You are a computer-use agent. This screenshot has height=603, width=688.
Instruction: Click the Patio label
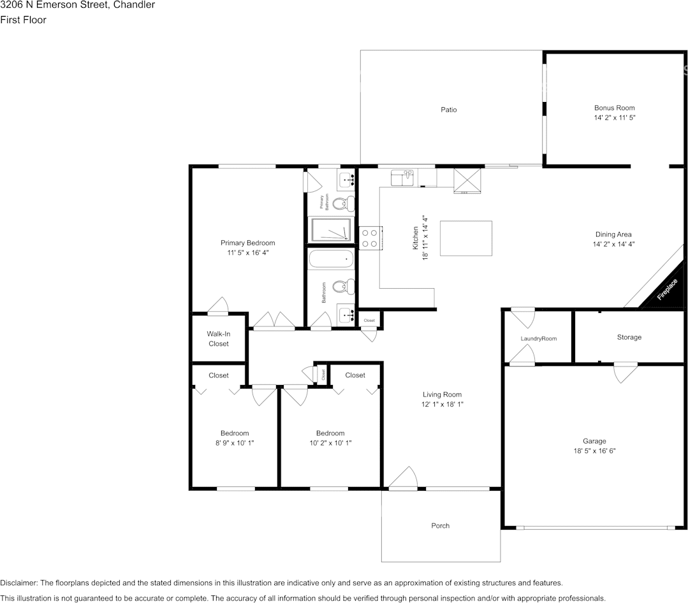449,110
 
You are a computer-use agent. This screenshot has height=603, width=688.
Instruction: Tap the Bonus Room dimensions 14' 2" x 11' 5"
615,118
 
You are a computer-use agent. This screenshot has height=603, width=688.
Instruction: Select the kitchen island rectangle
465,238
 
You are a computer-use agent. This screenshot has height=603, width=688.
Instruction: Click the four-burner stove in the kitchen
370,238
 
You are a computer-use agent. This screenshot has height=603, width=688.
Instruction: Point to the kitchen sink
402,177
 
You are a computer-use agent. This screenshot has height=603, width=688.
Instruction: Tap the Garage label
594,441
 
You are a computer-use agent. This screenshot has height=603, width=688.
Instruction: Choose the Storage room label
629,337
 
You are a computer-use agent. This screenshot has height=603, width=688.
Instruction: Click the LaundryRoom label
538,338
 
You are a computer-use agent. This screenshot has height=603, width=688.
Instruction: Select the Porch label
440,526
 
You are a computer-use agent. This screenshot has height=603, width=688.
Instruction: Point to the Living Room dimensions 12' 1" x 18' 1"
442,404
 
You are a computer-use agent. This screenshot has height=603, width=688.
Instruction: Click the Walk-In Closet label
219,339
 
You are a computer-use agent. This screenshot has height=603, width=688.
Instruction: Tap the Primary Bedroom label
248,243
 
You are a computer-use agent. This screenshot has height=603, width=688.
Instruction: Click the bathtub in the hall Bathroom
331,259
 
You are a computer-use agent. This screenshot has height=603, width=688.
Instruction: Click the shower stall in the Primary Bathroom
330,230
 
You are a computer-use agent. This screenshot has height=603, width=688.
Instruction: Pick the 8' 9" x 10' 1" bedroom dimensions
235,442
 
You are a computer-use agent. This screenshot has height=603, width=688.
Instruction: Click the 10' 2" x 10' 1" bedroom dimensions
330,442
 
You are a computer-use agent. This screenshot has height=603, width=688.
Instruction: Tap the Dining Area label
613,235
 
